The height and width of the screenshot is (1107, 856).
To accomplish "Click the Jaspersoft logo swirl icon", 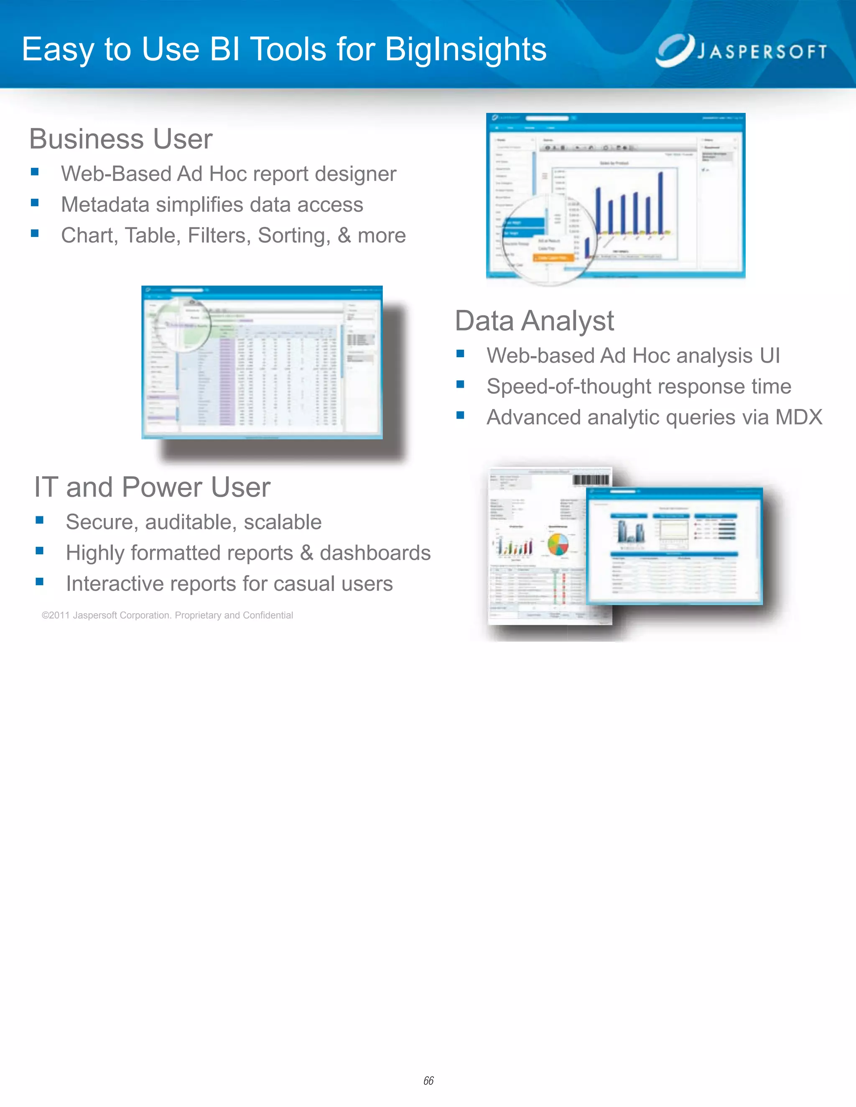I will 675,50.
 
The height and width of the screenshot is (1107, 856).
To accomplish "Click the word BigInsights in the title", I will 466,50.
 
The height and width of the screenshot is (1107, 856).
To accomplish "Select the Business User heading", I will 121,139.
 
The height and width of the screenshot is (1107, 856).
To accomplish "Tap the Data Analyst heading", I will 535,321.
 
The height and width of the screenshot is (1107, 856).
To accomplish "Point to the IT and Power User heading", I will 152,487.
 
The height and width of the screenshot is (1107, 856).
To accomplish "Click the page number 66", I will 428,1080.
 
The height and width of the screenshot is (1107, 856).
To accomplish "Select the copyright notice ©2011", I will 56,615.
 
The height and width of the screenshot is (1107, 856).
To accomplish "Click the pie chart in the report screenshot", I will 558,544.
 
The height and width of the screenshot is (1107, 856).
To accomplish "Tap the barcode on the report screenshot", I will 591,480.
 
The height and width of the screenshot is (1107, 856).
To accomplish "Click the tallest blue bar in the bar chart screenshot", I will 661,203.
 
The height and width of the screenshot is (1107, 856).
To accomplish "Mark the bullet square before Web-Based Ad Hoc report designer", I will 35,172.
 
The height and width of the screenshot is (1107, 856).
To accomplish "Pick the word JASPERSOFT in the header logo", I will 762,52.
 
